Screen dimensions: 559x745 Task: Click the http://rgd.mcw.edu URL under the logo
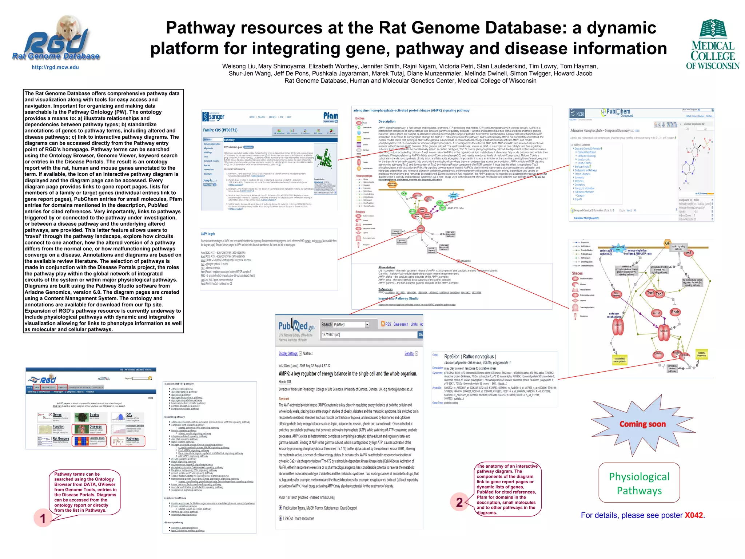pyautogui.click(x=55, y=67)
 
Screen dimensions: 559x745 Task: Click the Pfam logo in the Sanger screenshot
pyautogui.click(x=330, y=116)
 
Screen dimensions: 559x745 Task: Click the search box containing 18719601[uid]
pyautogui.click(x=369, y=334)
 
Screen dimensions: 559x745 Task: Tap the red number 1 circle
pyautogui.click(x=43, y=518)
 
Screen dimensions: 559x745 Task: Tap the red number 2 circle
pyautogui.click(x=459, y=502)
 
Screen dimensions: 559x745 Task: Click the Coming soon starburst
pyautogui.click(x=642, y=424)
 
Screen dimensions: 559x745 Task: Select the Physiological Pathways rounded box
pyautogui.click(x=639, y=483)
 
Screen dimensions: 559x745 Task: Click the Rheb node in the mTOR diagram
pyautogui.click(x=675, y=312)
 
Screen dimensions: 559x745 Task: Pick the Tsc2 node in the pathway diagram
pyautogui.click(x=660, y=294)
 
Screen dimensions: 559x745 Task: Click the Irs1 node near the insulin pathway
pyautogui.click(x=689, y=253)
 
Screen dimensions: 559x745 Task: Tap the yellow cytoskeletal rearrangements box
pyautogui.click(x=620, y=360)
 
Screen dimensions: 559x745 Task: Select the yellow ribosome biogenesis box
pyautogui.click(x=701, y=354)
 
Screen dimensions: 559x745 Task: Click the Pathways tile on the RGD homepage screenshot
pyautogui.click(x=128, y=441)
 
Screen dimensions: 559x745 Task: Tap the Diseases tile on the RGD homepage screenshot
pyautogui.click(x=89, y=429)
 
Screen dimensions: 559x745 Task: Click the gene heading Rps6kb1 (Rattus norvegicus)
pyautogui.click(x=470, y=357)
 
